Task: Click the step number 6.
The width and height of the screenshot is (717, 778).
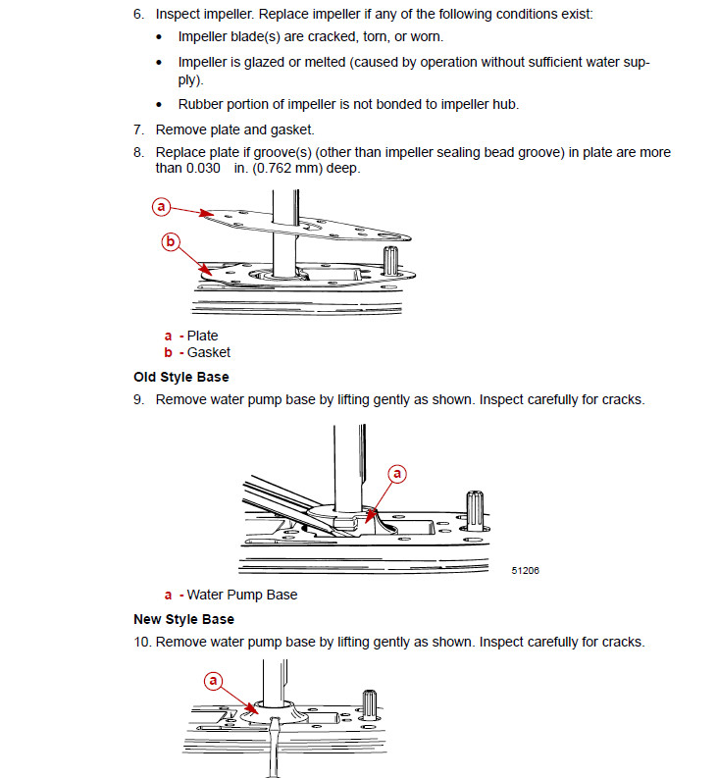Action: coord(138,16)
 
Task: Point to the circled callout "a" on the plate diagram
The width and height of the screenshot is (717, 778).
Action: coord(162,206)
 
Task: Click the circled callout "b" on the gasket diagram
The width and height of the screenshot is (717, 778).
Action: coord(171,241)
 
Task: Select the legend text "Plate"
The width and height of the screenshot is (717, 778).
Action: coord(203,336)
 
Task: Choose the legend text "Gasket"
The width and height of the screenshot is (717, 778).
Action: coord(209,352)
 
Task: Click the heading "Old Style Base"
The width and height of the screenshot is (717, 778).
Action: coord(181,377)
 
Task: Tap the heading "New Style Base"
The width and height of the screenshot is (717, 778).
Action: coord(183,619)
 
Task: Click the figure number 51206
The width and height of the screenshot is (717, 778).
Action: coord(525,570)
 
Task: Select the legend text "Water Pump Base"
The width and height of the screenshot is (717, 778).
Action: coord(242,595)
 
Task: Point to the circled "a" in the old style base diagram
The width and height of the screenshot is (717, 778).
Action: coord(398,474)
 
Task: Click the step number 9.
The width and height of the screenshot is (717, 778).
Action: coord(138,400)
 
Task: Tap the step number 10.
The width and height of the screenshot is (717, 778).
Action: coord(142,643)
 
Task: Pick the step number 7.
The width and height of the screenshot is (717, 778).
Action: coord(138,129)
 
